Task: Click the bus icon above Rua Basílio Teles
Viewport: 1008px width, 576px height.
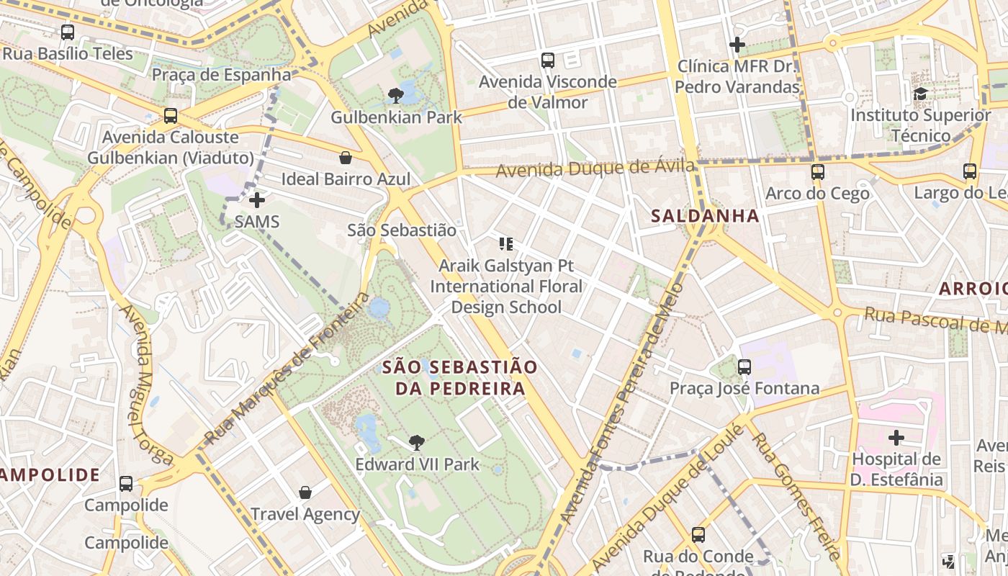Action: (x=68, y=32)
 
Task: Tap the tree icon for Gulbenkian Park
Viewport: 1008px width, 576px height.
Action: (x=395, y=95)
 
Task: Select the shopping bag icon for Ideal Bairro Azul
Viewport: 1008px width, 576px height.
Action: (x=346, y=158)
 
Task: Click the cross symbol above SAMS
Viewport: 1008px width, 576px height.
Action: (x=257, y=199)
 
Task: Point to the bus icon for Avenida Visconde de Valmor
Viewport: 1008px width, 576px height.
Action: (x=548, y=60)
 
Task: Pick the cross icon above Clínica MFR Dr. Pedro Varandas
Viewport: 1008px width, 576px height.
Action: (x=737, y=45)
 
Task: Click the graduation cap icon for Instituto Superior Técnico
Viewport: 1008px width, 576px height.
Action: (x=920, y=94)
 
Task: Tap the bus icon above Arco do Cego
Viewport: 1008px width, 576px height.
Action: (x=817, y=172)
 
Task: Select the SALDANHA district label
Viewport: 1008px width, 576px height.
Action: (x=705, y=215)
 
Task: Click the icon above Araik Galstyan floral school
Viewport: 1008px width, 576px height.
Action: (x=506, y=244)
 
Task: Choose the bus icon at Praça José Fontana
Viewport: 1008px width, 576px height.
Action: (x=744, y=367)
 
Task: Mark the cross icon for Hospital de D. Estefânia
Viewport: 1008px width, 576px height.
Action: (x=896, y=438)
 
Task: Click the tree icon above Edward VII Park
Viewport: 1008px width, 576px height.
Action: (x=416, y=443)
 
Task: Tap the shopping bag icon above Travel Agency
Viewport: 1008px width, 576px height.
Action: (x=305, y=492)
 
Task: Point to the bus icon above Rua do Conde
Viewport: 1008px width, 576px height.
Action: (x=698, y=535)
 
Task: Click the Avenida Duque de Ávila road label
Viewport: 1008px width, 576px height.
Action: (x=596, y=169)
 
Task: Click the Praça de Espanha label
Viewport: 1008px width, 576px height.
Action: (x=221, y=74)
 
